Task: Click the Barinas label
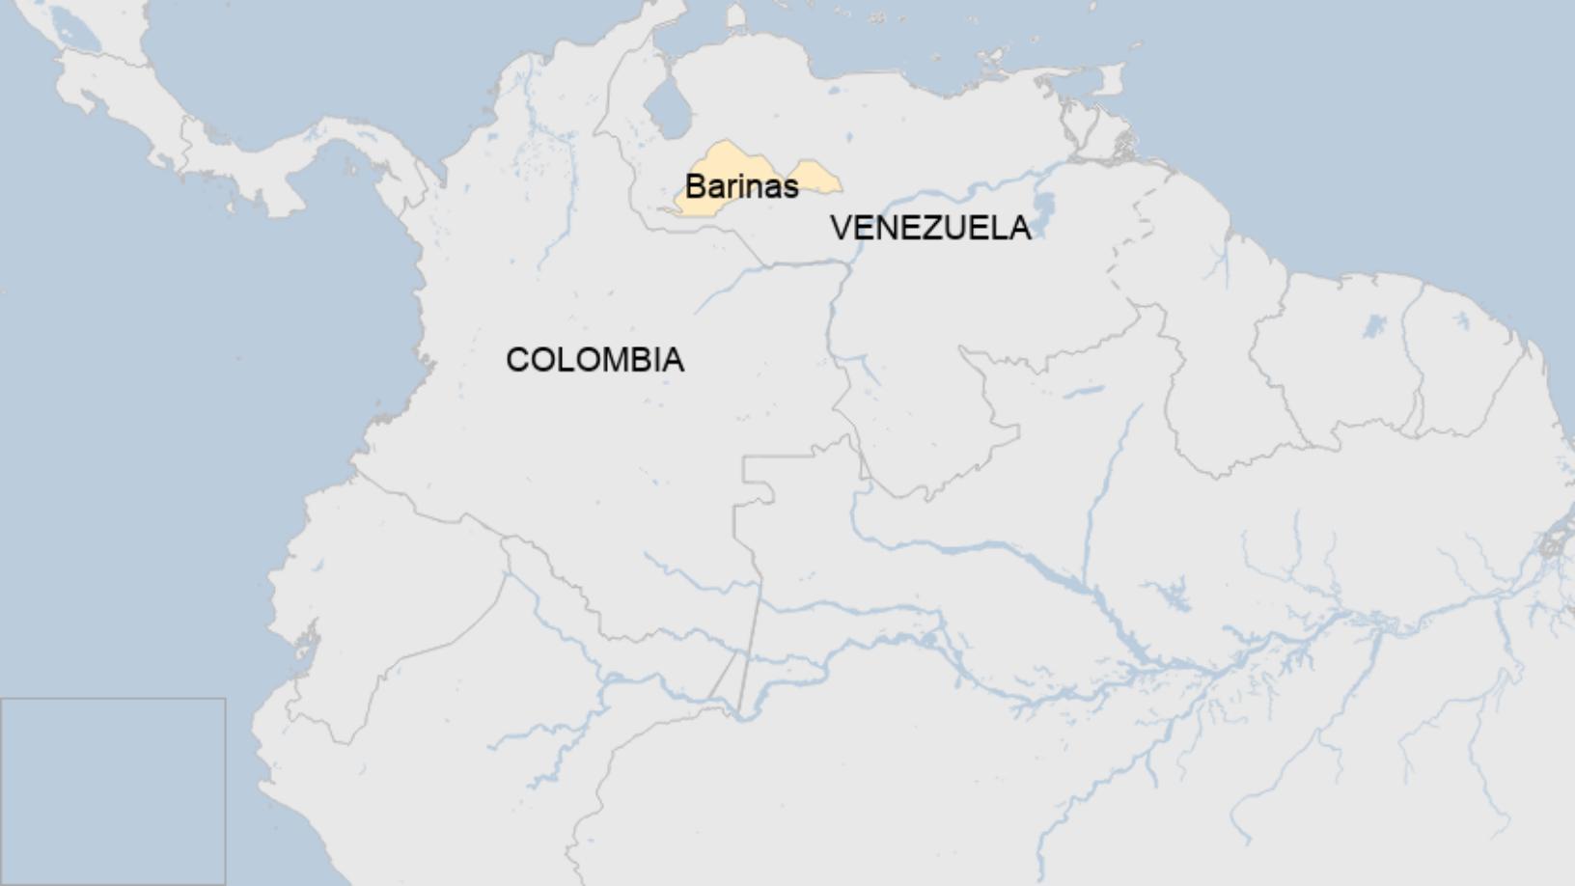pyautogui.click(x=741, y=185)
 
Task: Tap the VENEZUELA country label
pyautogui.click(x=930, y=228)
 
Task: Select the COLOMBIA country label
pyautogui.click(x=594, y=360)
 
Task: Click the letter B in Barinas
pyautogui.click(x=695, y=185)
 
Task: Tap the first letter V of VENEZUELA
pyautogui.click(x=840, y=228)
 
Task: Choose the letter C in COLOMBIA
pyautogui.click(x=516, y=360)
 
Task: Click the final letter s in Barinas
pyautogui.click(x=790, y=186)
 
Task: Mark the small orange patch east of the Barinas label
pyautogui.click(x=816, y=179)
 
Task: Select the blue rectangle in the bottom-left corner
pyautogui.click(x=113, y=791)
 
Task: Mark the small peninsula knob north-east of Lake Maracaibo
pyautogui.click(x=736, y=16)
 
